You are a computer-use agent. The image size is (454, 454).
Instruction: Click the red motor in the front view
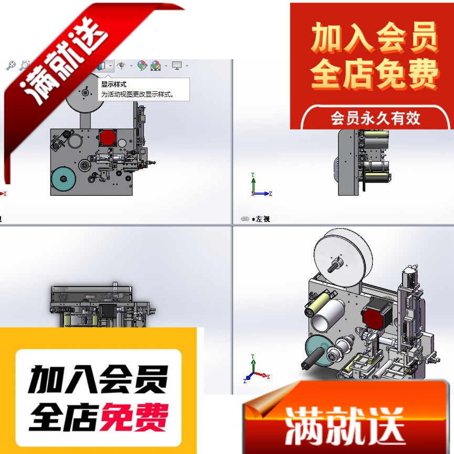pos(107,138)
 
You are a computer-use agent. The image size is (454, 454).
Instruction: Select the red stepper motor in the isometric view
pos(376,316)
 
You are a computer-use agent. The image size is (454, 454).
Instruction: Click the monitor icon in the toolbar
pos(177,66)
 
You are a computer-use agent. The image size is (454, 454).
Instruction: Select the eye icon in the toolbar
pos(121,66)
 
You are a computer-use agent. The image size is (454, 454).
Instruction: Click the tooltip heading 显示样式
pos(114,84)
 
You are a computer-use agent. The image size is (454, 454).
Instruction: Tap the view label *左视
pos(260,219)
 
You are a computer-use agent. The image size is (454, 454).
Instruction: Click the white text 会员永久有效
pos(375,118)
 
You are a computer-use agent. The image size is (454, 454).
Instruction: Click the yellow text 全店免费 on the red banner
pos(375,74)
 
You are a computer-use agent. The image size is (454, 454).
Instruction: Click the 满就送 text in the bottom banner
pos(344,424)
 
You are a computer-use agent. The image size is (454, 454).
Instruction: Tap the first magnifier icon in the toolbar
pos(10,66)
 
